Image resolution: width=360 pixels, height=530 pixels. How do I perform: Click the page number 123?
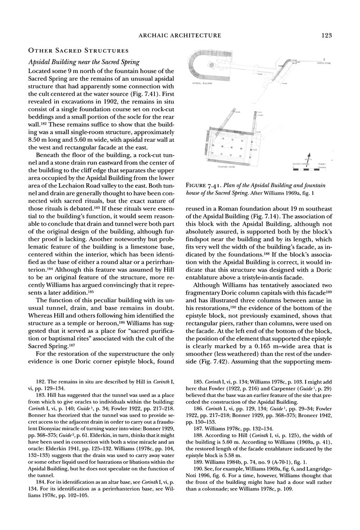coord(326,35)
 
